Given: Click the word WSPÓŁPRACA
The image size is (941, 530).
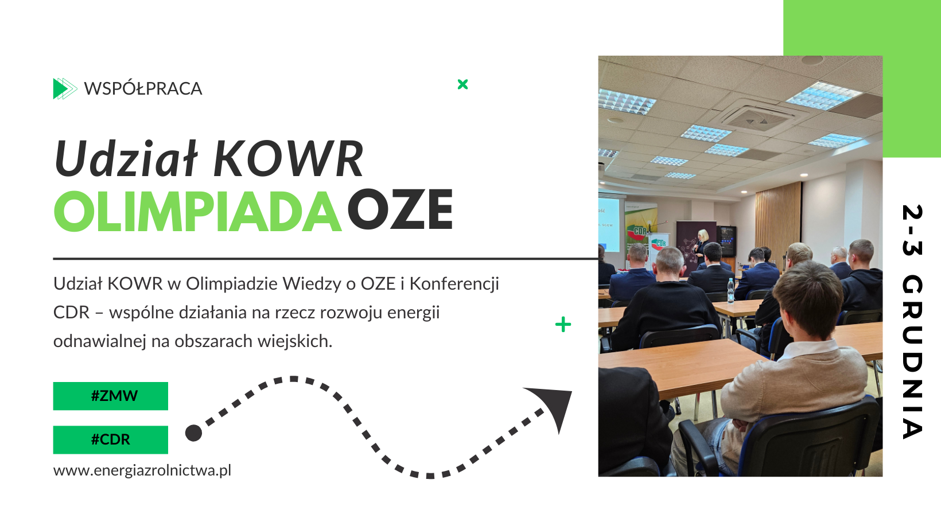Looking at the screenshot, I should (143, 89).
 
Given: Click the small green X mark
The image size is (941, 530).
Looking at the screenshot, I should (462, 84).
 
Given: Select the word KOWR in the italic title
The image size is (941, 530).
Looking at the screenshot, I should (289, 159).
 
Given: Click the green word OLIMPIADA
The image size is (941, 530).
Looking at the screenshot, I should (197, 212).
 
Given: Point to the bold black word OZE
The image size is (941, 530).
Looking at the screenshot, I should (400, 211).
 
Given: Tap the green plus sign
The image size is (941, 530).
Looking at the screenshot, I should (563, 325).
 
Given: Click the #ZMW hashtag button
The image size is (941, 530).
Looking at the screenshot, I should (111, 396).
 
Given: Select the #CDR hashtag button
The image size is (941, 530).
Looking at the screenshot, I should (111, 439).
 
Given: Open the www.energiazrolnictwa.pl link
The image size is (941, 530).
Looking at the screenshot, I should (142, 470).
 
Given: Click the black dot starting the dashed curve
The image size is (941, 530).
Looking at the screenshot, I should (194, 433).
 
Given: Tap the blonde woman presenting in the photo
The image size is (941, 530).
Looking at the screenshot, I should (702, 247).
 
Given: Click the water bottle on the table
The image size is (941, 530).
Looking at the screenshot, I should (730, 291).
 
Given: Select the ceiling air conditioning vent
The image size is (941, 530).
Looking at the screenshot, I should (756, 118).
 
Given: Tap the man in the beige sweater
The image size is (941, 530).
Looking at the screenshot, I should (798, 367).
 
